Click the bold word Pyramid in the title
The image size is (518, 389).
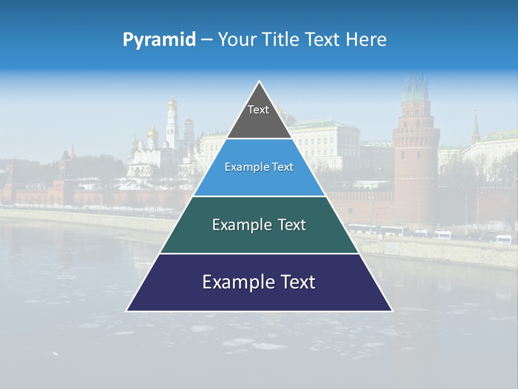tap(159, 40)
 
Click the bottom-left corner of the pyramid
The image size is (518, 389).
tap(127, 310)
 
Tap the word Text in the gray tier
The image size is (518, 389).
tap(258, 110)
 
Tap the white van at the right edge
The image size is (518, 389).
tap(503, 239)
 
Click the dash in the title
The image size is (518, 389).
tap(206, 40)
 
